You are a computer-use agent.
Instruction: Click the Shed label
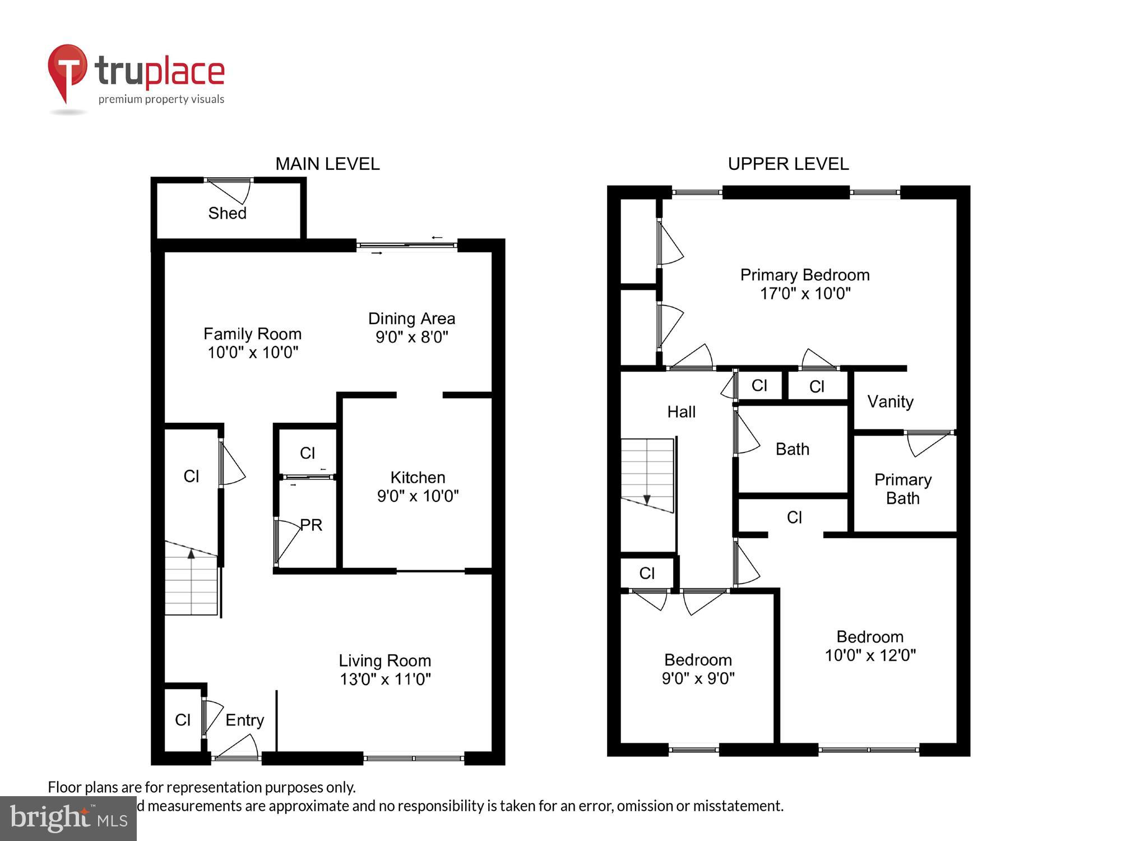(227, 213)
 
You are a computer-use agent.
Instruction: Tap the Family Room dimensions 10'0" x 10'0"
(253, 353)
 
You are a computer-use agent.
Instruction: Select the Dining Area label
(411, 318)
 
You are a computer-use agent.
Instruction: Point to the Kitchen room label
(418, 477)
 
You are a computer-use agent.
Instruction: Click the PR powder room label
(311, 525)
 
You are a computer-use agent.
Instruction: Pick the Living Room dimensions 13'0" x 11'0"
(385, 679)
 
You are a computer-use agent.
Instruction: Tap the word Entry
(244, 720)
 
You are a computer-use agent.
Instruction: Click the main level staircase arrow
(191, 554)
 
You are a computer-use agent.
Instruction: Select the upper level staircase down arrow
(647, 499)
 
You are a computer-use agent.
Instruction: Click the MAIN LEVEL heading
(327, 164)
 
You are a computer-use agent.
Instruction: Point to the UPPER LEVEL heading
(788, 164)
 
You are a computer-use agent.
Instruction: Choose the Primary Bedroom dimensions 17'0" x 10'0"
(805, 293)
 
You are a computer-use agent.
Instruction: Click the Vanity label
(890, 401)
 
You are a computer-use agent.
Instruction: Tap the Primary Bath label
(902, 489)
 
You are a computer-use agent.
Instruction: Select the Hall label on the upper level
(681, 412)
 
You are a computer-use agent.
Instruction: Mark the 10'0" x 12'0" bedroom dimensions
(870, 655)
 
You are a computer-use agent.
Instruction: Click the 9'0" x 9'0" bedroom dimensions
(698, 678)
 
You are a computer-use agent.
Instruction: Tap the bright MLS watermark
(68, 818)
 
